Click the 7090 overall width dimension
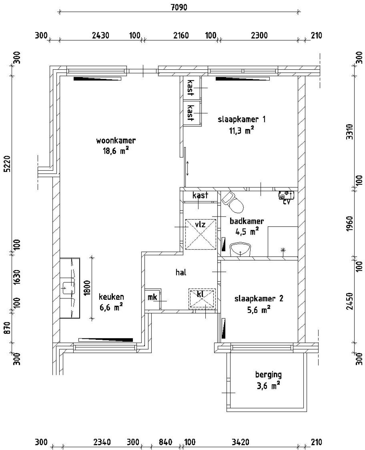click(x=179, y=7)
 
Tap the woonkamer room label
click(x=116, y=140)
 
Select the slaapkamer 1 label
click(x=242, y=119)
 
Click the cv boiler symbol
click(x=286, y=196)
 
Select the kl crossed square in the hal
click(x=202, y=299)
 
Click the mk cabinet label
click(x=152, y=297)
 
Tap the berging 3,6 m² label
click(x=268, y=380)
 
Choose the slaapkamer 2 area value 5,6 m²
click(x=259, y=310)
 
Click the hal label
click(x=181, y=272)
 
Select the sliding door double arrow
click(x=188, y=168)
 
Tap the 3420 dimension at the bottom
click(x=240, y=442)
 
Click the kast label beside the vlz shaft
click(x=200, y=195)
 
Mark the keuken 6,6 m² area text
click(x=111, y=308)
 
